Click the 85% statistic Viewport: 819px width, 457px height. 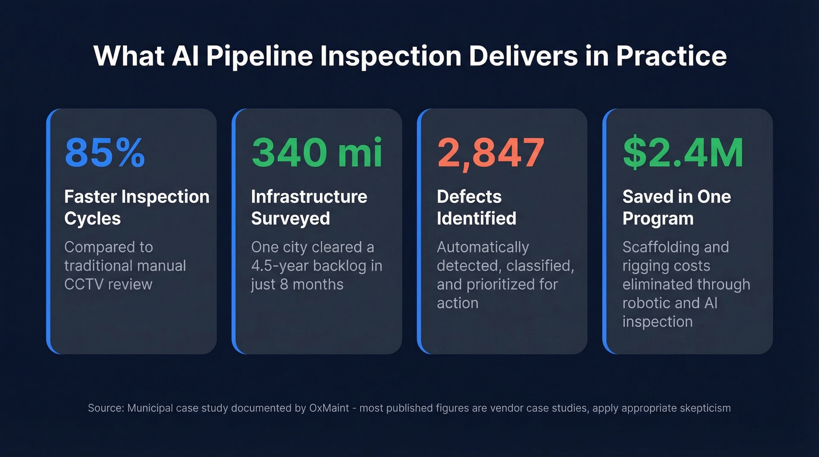[x=105, y=153]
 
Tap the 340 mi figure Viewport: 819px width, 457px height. [x=316, y=153]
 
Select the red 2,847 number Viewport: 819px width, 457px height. [x=491, y=153]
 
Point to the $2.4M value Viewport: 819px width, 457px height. [x=683, y=153]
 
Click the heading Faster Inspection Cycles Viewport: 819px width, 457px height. [x=136, y=207]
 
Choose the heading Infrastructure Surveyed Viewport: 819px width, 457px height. [x=309, y=207]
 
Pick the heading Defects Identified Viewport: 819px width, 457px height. [x=476, y=207]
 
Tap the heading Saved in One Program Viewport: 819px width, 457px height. [x=676, y=207]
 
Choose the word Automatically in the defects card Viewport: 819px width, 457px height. [x=483, y=247]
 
